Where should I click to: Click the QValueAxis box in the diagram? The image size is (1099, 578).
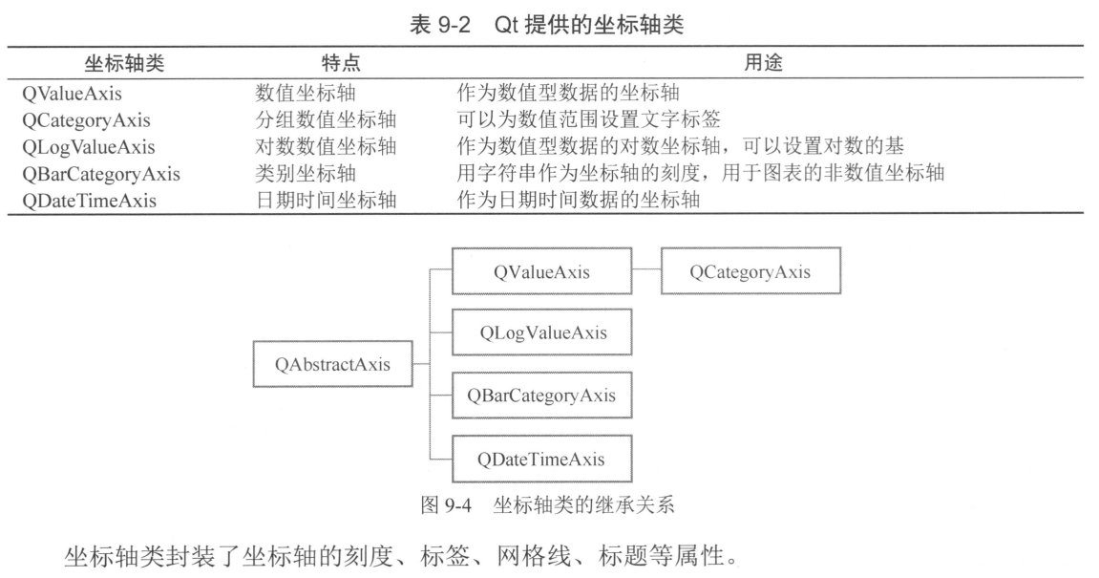click(x=541, y=272)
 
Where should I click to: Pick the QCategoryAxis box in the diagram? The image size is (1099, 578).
click(x=750, y=272)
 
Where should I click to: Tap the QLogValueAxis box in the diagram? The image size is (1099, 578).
click(x=541, y=333)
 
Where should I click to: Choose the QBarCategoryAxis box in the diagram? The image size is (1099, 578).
click(x=541, y=396)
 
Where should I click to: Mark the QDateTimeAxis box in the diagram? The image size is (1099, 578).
click(x=541, y=459)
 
